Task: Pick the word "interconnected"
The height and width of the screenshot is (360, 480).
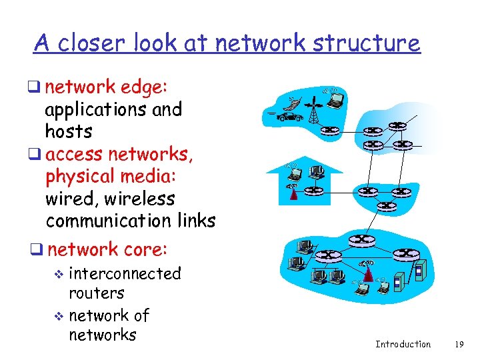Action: click(x=125, y=273)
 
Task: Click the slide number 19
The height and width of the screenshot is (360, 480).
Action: click(x=458, y=345)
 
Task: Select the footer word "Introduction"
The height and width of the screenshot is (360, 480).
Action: click(x=403, y=345)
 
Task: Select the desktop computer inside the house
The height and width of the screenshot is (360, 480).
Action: click(x=317, y=172)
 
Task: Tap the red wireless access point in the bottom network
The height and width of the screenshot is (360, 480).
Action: click(x=366, y=273)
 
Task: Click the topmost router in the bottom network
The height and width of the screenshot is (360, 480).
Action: click(x=361, y=239)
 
